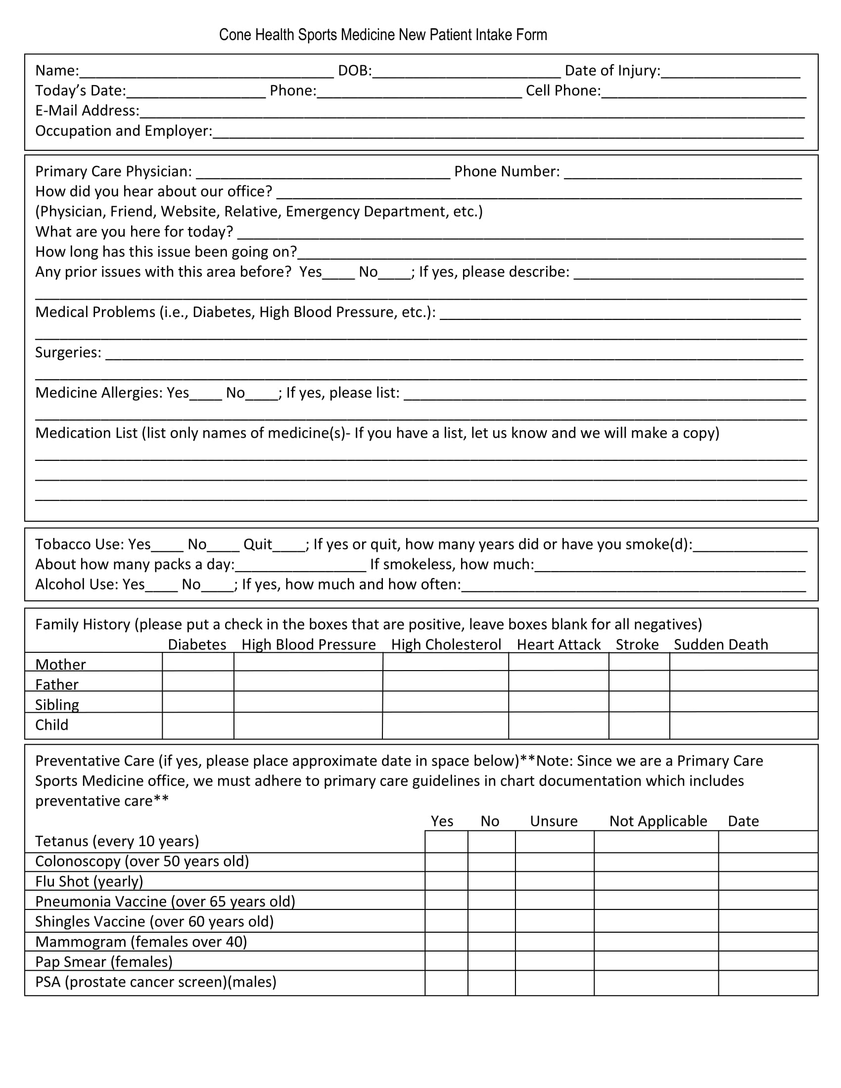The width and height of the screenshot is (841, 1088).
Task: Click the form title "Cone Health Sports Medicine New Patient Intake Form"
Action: (x=382, y=35)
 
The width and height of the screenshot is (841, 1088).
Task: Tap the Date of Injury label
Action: (x=612, y=71)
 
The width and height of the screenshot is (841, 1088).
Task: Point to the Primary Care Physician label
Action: (x=114, y=172)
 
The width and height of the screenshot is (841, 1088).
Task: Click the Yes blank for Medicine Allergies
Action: (x=205, y=394)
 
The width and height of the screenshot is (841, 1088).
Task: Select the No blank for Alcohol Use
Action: (x=217, y=586)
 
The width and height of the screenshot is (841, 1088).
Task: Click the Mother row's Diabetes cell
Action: (x=198, y=662)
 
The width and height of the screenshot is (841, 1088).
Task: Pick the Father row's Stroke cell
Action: (x=639, y=681)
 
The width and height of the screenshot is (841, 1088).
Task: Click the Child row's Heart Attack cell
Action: (x=558, y=725)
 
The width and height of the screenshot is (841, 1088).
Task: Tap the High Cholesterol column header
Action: (x=446, y=644)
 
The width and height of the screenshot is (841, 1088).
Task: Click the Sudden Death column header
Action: (x=720, y=644)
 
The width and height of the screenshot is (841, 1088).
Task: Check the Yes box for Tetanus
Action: (x=446, y=842)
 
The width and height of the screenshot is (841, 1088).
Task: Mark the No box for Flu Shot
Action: (x=491, y=881)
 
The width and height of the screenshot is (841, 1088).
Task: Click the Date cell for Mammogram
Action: (x=768, y=942)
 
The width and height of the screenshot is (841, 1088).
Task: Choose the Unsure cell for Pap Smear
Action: (x=554, y=961)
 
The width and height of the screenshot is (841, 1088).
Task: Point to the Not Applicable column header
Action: (x=657, y=821)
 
